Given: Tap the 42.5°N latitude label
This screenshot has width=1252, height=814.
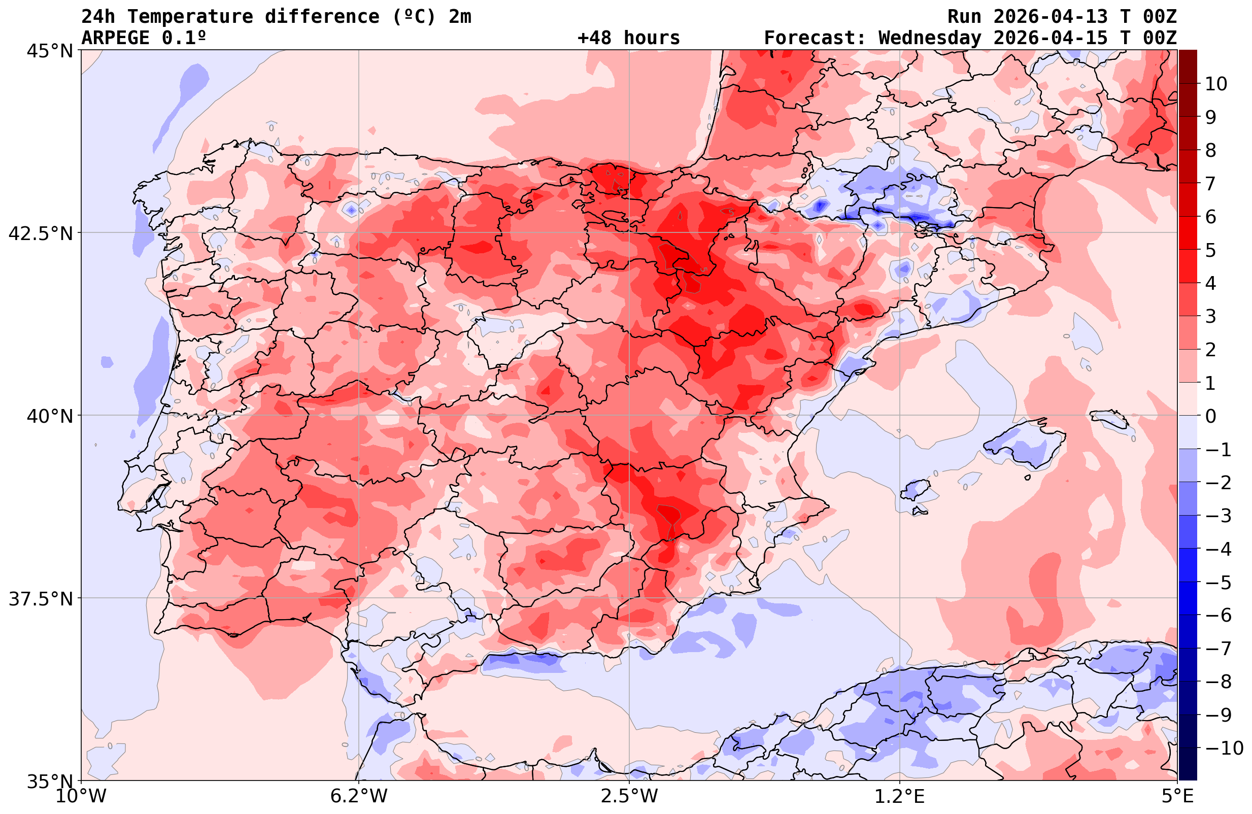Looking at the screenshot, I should tap(41, 233).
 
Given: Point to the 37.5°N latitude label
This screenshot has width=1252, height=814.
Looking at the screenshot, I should tap(41, 599).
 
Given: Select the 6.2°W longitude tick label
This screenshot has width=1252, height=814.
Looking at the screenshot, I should tap(359, 796).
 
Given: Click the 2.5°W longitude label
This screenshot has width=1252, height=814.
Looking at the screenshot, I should tap(629, 796).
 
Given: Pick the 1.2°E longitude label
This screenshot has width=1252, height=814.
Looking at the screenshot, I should tap(900, 796).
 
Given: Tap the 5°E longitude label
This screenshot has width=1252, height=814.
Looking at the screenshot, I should tap(1177, 796).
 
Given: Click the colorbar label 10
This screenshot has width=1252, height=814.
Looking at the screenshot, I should tap(1215, 84).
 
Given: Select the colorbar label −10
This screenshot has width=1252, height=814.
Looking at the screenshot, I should tap(1223, 748).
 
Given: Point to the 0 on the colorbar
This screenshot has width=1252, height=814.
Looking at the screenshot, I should tap(1210, 416).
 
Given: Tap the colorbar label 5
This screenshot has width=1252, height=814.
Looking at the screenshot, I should tap(1210, 250).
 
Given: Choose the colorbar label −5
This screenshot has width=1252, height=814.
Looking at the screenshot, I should tap(1217, 583).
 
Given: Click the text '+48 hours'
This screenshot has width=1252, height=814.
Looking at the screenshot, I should tap(629, 38).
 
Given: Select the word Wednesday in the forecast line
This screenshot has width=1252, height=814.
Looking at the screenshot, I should tap(930, 38).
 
